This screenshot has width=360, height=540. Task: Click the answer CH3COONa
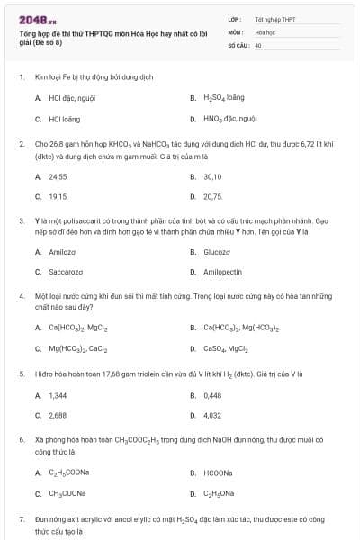point(67,492)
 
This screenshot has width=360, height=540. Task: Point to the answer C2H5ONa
point(220,492)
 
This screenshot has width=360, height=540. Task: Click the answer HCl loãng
point(64,118)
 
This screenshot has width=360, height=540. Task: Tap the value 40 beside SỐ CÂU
point(258,44)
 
